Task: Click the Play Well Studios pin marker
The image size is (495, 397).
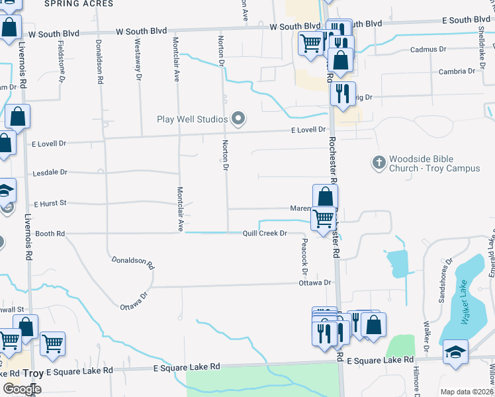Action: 239,119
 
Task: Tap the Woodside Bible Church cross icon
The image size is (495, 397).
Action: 379,163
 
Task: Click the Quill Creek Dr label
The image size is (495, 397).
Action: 265,233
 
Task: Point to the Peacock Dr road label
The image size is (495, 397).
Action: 305,257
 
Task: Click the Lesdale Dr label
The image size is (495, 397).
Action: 50,173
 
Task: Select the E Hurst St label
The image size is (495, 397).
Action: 50,203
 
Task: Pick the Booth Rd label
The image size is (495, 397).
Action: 50,234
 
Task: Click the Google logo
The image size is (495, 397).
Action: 22,389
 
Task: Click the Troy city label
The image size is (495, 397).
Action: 33,374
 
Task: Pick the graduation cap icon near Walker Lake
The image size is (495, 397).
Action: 456,350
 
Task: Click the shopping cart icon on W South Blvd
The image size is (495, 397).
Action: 311,43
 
